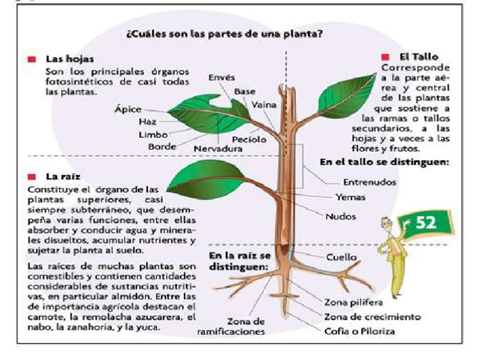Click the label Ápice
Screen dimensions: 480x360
(128, 110)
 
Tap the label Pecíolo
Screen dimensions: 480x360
(249, 139)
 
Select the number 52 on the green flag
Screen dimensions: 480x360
(427, 222)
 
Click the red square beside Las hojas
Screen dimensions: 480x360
(31, 59)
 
